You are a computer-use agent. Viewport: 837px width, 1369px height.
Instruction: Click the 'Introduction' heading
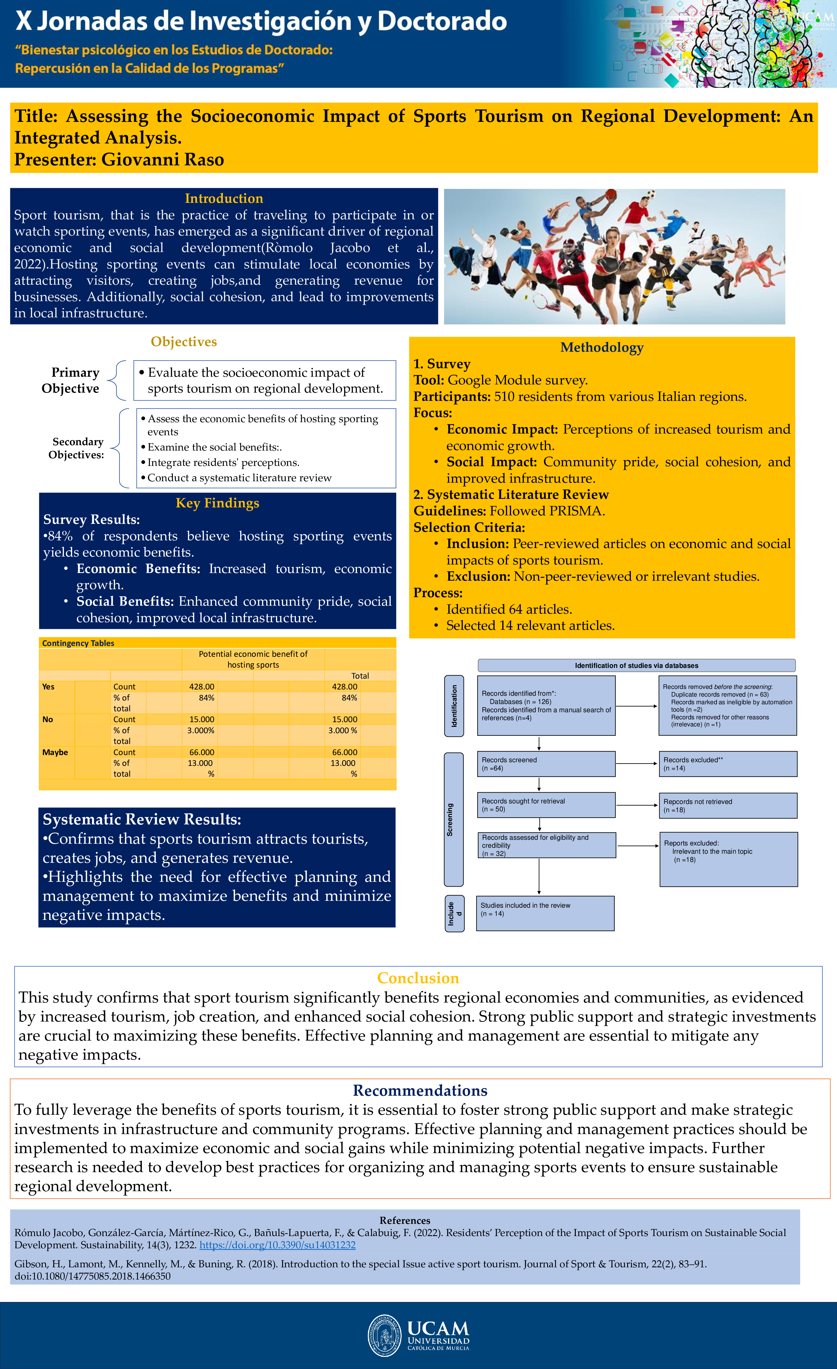click(224, 198)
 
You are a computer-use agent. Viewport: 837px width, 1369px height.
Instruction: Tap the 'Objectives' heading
click(184, 342)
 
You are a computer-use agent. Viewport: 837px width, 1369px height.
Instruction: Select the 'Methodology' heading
click(602, 347)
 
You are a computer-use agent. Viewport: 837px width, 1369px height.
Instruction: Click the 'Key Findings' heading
click(217, 503)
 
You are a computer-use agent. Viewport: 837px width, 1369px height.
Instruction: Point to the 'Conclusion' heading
click(418, 978)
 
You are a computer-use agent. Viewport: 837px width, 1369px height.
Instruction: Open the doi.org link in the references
click(277, 1245)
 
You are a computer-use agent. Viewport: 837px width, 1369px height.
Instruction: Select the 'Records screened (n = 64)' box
click(546, 764)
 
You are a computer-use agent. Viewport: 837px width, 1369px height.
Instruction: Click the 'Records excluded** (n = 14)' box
click(728, 764)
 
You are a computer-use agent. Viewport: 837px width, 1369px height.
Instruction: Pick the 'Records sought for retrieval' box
click(546, 805)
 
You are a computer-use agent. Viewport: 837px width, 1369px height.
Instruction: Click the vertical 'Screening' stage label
click(453, 820)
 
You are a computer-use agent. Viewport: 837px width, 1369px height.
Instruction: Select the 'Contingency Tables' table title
click(78, 643)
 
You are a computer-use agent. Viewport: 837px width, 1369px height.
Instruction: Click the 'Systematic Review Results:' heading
click(142, 820)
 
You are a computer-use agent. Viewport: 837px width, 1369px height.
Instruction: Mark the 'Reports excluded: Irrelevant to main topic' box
click(728, 859)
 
